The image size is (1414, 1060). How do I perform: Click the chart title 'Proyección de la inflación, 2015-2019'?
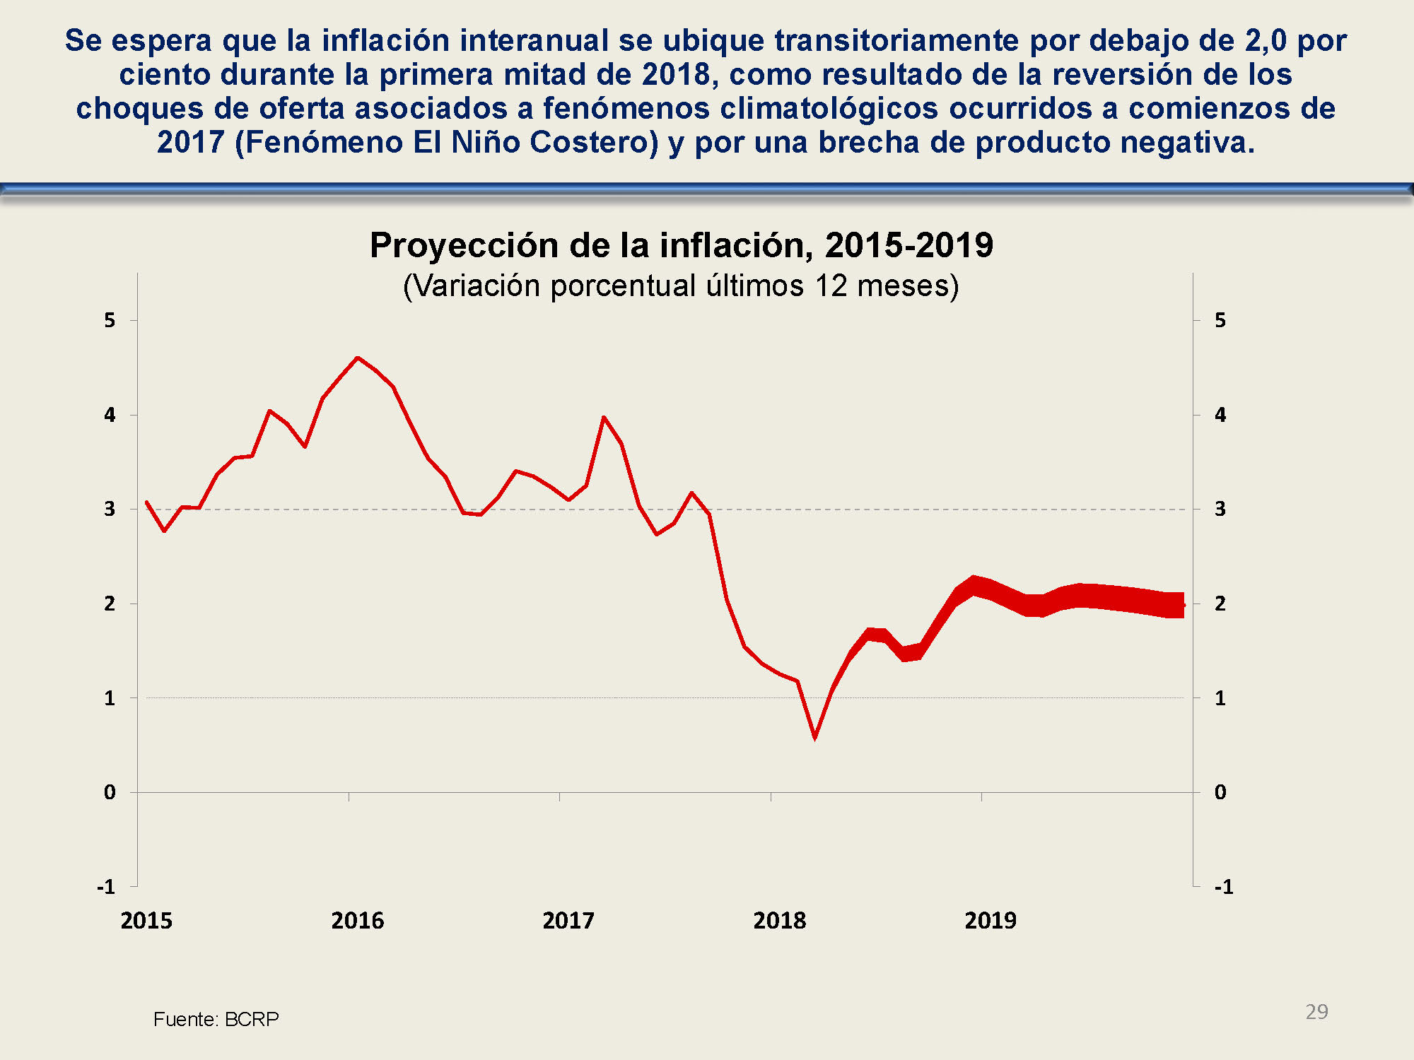tap(681, 245)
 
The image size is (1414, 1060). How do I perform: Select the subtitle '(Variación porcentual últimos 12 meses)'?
tap(681, 286)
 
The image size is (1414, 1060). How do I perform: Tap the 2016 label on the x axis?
tap(357, 920)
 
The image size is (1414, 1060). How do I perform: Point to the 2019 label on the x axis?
tap(990, 920)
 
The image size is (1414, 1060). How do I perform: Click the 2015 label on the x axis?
tap(146, 920)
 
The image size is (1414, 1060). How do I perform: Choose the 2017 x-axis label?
tap(568, 920)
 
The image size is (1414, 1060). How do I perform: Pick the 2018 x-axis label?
tap(779, 920)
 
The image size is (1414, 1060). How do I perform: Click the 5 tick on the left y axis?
tap(110, 320)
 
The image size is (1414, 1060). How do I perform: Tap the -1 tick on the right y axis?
tap(1224, 887)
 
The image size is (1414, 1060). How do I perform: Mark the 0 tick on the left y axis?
tap(110, 792)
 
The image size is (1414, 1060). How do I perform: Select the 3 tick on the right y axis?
tap(1220, 509)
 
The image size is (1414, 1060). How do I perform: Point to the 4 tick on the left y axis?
tap(110, 415)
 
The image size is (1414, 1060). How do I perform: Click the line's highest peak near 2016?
tap(358, 358)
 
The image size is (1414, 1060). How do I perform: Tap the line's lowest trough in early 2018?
tap(815, 737)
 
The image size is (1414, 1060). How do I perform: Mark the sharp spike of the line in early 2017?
tap(604, 417)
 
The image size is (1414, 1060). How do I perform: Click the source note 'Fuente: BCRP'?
tap(216, 1019)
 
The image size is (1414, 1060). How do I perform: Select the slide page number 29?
tap(1316, 1011)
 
